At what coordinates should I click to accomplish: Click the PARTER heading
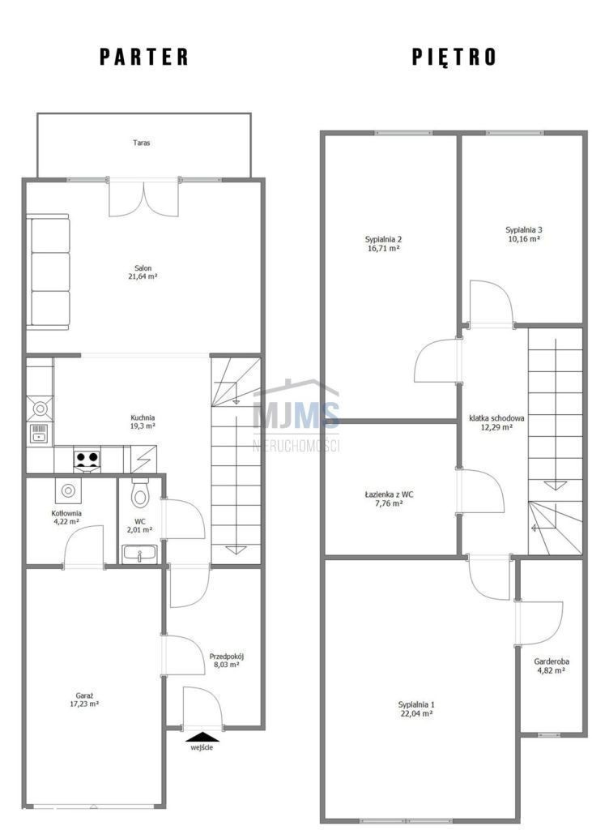(x=144, y=57)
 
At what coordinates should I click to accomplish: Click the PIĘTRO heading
(x=454, y=56)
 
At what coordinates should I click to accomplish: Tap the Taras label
(x=141, y=143)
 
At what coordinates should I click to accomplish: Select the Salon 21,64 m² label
(x=143, y=272)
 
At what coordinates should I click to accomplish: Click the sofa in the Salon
(x=48, y=271)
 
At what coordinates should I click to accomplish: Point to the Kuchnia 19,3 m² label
(x=143, y=421)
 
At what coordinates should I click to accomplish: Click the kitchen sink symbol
(x=40, y=433)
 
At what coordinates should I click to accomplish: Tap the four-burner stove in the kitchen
(x=87, y=459)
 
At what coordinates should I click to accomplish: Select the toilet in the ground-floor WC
(x=140, y=493)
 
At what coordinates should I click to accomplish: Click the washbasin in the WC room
(x=139, y=554)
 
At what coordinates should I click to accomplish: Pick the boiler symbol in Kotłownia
(x=68, y=490)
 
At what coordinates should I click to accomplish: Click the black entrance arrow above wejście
(x=202, y=736)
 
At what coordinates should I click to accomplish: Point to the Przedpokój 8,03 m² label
(x=227, y=660)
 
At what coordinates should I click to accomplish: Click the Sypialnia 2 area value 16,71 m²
(x=383, y=248)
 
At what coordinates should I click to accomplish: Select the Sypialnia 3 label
(x=524, y=229)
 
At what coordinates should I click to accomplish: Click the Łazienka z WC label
(x=389, y=494)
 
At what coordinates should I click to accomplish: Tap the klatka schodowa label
(x=496, y=418)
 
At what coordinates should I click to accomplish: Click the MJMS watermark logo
(x=296, y=415)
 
